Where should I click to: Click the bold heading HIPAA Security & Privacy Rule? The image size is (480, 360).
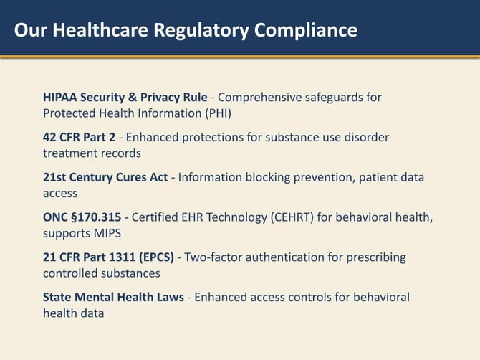[x=125, y=97]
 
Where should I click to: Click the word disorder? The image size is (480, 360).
[x=366, y=137]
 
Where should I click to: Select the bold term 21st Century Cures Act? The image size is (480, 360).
[x=105, y=177]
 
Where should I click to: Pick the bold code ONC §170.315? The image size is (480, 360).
[x=82, y=217]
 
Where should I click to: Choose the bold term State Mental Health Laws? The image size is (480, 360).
[x=113, y=297]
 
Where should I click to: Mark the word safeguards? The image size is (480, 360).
[x=339, y=97]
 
